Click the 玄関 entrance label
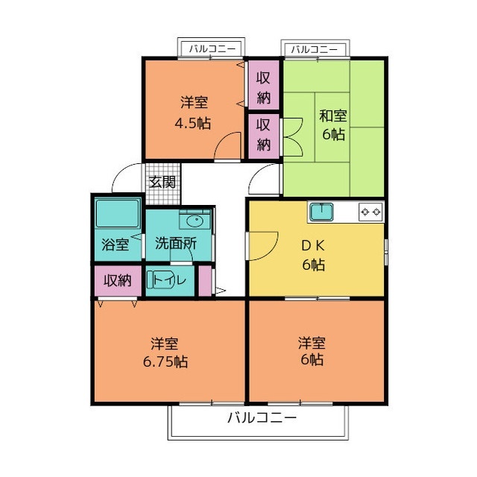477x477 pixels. (x=162, y=183)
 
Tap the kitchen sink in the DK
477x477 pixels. (x=321, y=212)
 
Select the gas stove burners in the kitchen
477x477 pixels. (x=371, y=212)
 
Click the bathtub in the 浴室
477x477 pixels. (x=118, y=213)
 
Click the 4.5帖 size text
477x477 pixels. (x=193, y=124)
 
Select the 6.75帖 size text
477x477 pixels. (x=165, y=361)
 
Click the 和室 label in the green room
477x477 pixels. (x=333, y=116)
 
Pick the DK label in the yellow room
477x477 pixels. (x=313, y=246)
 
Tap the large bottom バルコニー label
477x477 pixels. (x=262, y=417)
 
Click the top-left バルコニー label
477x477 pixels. (x=212, y=48)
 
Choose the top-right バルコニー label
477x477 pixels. (x=315, y=49)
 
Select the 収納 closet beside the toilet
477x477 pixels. (x=118, y=280)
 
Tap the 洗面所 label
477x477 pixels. (x=176, y=244)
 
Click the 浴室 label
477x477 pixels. (x=116, y=244)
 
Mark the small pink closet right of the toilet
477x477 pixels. (x=205, y=280)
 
